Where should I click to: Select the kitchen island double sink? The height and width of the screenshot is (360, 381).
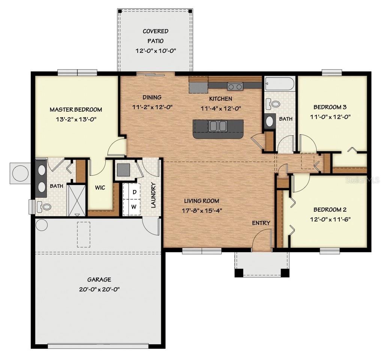217,126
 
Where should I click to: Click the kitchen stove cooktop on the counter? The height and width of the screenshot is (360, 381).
235,87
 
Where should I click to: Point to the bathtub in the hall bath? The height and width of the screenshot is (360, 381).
279,84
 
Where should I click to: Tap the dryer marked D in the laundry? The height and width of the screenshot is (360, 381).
134,193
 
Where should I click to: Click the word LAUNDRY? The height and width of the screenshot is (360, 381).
153,195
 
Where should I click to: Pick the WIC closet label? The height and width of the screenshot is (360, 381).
100,187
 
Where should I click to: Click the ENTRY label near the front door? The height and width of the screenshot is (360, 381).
261,223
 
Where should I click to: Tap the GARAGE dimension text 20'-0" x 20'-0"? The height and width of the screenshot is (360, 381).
99,289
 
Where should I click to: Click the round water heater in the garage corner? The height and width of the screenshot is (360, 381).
42,225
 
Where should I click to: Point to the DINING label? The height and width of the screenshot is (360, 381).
152,97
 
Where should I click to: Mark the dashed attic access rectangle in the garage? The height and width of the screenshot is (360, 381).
84,235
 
